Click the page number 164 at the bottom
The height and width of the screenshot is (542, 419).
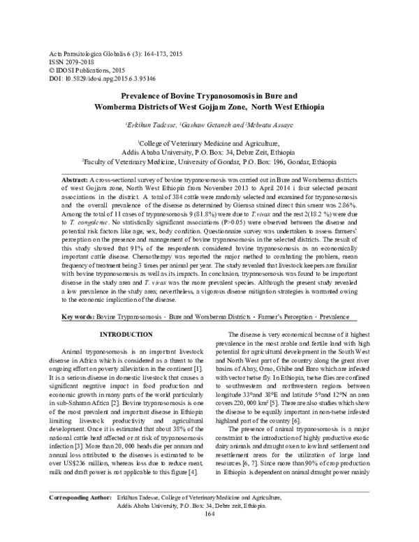coord(209,533)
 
